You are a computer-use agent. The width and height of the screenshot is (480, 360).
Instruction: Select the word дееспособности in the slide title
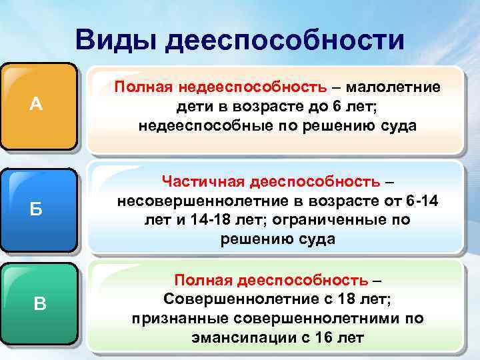(285, 40)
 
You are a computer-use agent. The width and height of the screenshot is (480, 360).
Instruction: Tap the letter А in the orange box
(37, 105)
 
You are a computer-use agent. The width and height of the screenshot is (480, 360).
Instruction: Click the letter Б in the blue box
(37, 209)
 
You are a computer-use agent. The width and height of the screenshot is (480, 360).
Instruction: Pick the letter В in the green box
(40, 305)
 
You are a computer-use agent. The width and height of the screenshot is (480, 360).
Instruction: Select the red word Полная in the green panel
(197, 280)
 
